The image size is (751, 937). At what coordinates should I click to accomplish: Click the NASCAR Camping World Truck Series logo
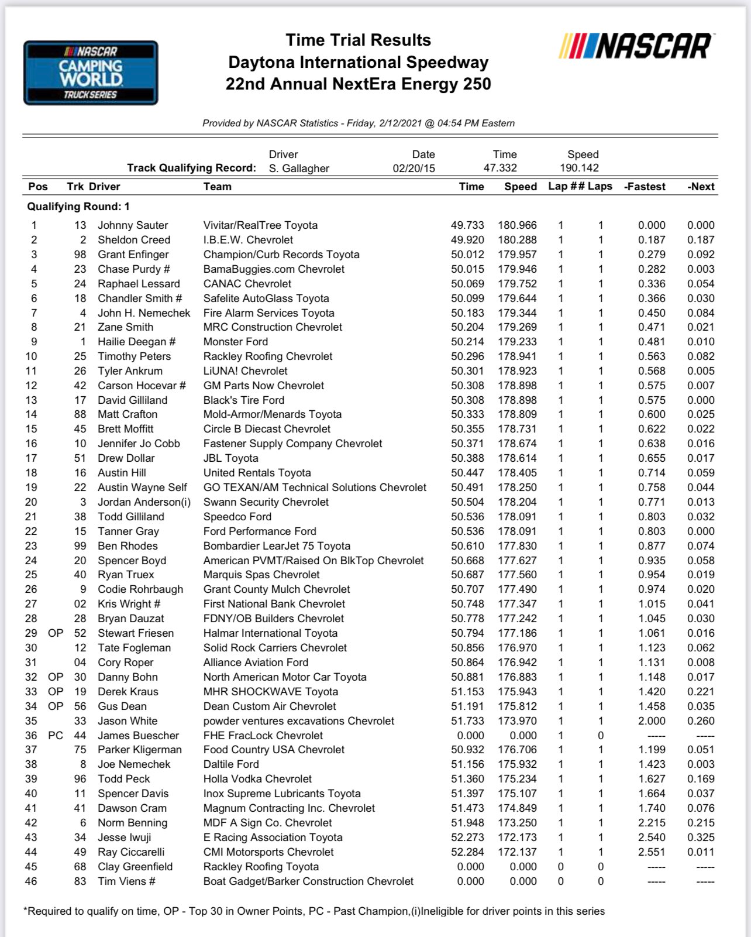[x=91, y=73]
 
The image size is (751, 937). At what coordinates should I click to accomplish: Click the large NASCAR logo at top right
[x=636, y=46]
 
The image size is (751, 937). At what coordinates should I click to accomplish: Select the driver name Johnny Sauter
[x=133, y=225]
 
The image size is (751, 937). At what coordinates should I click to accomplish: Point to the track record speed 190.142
[x=579, y=168]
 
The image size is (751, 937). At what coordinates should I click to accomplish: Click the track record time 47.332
[x=500, y=168]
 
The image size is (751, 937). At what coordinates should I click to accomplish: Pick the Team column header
[x=218, y=187]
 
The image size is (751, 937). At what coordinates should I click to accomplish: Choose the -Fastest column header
[x=645, y=187]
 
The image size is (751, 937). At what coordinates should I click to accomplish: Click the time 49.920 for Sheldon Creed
[x=467, y=240]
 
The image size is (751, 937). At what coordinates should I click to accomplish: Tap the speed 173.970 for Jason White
[x=517, y=721]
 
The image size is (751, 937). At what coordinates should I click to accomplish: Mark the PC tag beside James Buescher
[x=56, y=736]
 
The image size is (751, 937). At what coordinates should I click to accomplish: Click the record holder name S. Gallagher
[x=299, y=169]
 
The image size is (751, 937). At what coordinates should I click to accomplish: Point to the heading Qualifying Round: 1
[x=78, y=207]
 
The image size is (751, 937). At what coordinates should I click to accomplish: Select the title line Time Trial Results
[x=358, y=40]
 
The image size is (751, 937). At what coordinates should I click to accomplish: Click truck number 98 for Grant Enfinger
[x=80, y=255]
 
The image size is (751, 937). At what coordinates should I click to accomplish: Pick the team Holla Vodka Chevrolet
[x=257, y=779]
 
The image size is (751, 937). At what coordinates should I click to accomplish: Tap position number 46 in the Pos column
[x=31, y=881]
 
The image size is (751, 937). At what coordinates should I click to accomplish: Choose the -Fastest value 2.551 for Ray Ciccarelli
[x=652, y=852]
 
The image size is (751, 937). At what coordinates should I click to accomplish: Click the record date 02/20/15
[x=414, y=169]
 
